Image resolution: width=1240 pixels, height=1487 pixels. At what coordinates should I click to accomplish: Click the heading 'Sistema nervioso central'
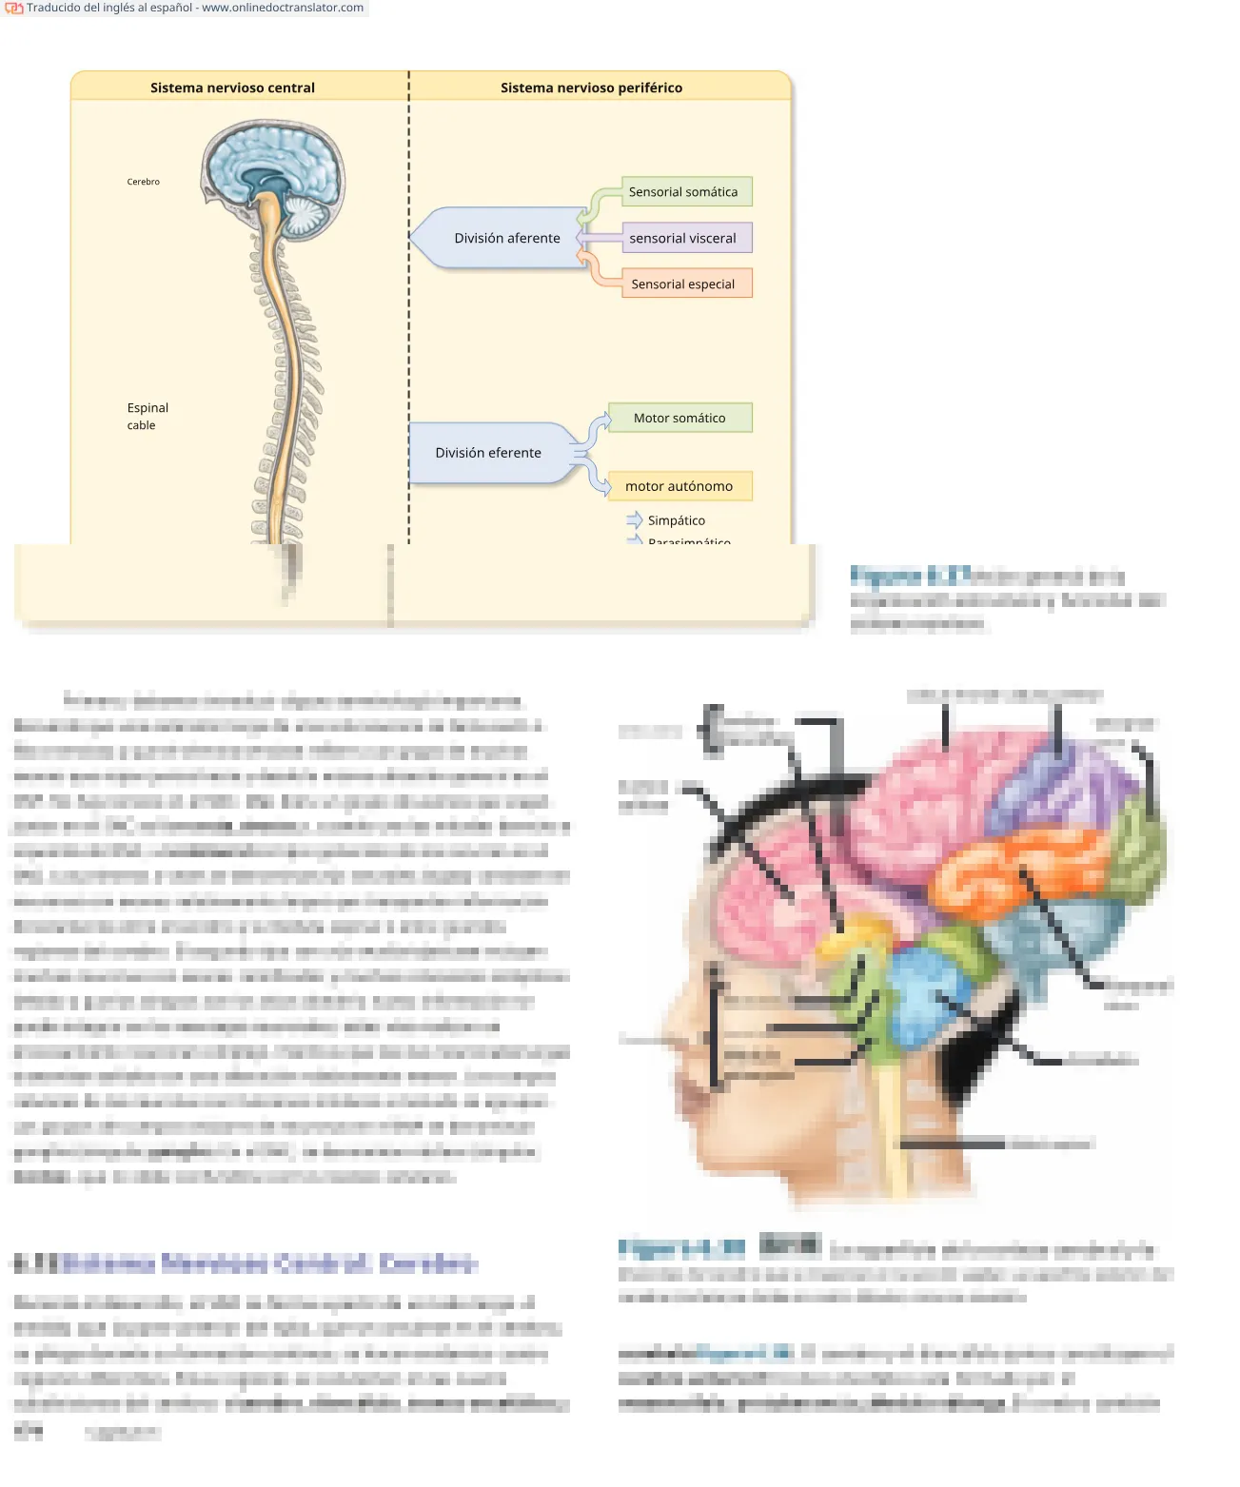pos(232,88)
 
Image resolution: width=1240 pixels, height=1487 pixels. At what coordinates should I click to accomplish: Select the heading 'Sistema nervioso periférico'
pos(591,88)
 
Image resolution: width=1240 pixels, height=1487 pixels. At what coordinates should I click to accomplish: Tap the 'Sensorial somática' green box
pos(683,192)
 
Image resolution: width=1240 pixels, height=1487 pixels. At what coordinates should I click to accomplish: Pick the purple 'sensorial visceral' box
pos(682,238)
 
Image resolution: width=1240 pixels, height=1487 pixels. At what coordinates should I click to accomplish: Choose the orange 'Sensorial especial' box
pos(683,284)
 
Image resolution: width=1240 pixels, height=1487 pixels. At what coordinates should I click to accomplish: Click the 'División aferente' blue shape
pos(506,238)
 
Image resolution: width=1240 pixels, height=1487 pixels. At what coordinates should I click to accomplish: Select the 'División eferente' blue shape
pos(488,453)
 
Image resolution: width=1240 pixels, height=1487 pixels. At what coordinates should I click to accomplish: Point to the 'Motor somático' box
pos(679,418)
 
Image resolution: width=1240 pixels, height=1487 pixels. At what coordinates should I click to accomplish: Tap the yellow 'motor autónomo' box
pos(679,486)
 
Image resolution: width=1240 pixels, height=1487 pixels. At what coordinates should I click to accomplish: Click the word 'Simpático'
pos(677,520)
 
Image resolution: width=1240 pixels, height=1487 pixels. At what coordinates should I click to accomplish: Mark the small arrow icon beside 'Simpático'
pos(635,519)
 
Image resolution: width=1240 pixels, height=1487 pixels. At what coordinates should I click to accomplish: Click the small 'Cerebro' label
pos(144,182)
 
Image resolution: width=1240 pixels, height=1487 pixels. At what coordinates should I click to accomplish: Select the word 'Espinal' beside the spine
pos(148,408)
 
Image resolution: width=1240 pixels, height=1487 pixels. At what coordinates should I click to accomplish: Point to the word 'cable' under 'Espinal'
pos(141,425)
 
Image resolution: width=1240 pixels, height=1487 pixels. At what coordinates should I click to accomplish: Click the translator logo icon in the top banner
pos(13,8)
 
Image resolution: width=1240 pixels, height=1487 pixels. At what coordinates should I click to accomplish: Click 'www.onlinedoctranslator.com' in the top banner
pos(283,8)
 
